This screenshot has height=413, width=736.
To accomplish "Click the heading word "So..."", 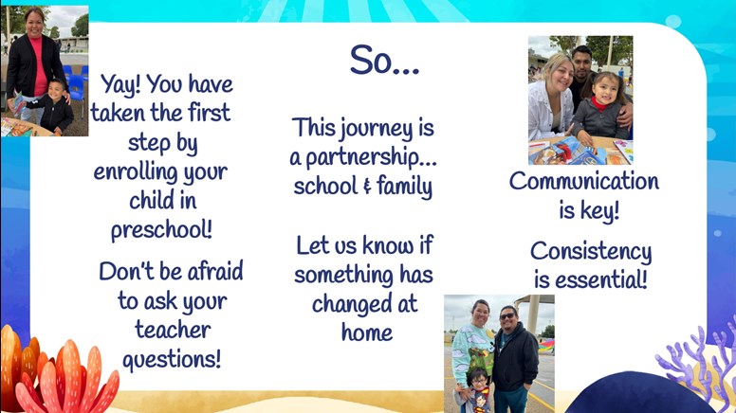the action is [384, 60].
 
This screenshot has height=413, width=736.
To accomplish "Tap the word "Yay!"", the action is [120, 85].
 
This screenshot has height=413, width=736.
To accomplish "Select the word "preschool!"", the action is [161, 230].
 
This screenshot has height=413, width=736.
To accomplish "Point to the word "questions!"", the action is [172, 360].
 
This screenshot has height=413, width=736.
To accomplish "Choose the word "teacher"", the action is [173, 330].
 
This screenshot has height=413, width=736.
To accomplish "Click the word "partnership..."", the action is [371, 158].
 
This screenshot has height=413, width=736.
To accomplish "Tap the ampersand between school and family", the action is [367, 186].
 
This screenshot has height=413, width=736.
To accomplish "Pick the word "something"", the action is [344, 275].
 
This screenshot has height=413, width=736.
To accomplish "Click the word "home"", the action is [367, 332].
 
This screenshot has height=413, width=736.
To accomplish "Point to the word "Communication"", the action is [584, 181].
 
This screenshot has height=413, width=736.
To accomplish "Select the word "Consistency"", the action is [591, 252].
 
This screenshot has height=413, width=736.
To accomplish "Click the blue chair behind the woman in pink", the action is [77, 87].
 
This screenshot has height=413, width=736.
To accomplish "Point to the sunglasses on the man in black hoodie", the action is [506, 316].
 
